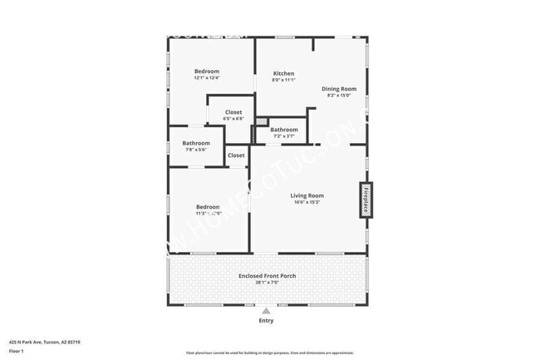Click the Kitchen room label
[284, 73]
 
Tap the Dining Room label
[339, 88]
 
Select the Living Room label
[307, 195]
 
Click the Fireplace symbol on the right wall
[364, 200]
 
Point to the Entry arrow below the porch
[266, 312]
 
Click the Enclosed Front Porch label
[268, 276]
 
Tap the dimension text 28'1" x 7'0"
[268, 283]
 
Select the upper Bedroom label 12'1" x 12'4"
[207, 72]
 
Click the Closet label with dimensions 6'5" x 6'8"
[233, 112]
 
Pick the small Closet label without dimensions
[236, 155]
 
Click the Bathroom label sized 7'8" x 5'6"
[196, 143]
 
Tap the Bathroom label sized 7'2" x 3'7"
[284, 130]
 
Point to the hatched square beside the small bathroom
[263, 122]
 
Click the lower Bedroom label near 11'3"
[208, 207]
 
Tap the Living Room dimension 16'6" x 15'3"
[307, 202]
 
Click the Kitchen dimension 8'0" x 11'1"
[284, 80]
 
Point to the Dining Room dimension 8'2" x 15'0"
[339, 95]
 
